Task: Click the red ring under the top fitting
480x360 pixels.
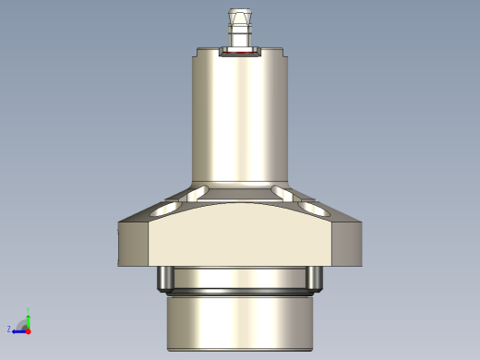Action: tap(240, 54)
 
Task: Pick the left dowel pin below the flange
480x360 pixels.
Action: tap(163, 277)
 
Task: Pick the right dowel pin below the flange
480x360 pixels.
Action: tap(317, 277)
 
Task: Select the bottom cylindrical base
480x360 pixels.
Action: tap(240, 323)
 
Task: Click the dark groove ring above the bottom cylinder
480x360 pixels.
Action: tap(240, 293)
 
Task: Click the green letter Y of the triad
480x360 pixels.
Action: tap(29, 310)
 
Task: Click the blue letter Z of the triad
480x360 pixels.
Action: tap(9, 329)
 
